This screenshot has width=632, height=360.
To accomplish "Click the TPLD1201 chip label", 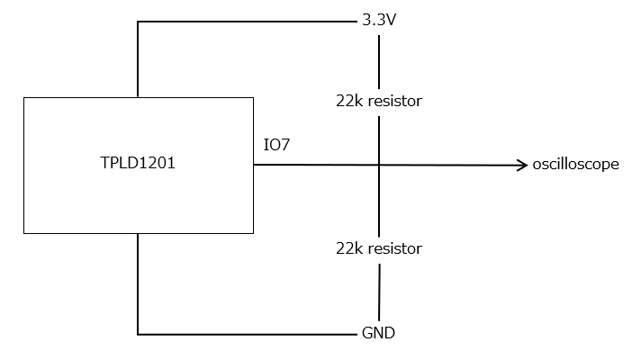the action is (138, 163).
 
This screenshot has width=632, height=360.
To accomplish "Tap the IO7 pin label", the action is (276, 145).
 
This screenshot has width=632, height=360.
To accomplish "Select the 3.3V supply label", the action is (379, 20).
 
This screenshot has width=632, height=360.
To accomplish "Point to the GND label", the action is (378, 333).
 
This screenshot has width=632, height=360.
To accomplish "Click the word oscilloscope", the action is (575, 165).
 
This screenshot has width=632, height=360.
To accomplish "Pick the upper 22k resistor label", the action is (379, 101).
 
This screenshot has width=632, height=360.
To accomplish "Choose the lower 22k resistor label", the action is (379, 248).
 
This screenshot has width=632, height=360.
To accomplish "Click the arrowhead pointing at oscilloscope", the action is (523, 166).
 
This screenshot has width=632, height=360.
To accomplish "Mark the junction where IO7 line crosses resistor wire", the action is (379, 165).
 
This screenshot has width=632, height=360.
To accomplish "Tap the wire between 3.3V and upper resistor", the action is (379, 62).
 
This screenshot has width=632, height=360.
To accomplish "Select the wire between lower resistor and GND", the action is (379, 292).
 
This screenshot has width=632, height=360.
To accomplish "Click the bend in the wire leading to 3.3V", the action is (138, 22).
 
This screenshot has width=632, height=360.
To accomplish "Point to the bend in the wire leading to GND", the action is (138, 334).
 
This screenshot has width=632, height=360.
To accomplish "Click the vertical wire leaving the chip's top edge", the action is (138, 59).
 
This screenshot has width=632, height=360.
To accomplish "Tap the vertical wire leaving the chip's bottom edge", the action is (138, 283).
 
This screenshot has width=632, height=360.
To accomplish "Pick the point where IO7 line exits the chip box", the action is (254, 165).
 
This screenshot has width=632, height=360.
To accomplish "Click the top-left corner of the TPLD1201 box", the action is (24, 98).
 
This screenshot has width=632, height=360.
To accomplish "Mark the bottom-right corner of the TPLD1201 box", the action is (254, 233).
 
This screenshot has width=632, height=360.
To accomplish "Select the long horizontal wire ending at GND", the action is (248, 334).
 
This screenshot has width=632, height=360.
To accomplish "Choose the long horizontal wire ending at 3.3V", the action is (248, 22).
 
